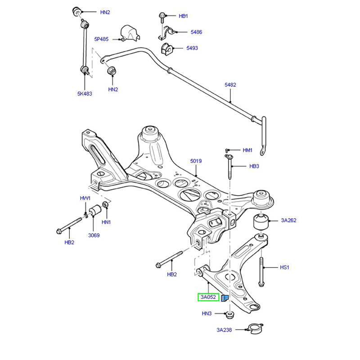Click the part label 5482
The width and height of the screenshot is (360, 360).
click(x=230, y=85)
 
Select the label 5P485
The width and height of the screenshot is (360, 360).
click(x=101, y=39)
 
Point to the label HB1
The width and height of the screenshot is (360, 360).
click(x=183, y=16)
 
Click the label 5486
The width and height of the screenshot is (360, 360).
click(x=196, y=32)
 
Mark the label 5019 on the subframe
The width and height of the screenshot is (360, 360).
click(x=196, y=161)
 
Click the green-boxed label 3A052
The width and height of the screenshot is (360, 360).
click(x=208, y=297)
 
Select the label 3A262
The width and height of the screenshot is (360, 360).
click(x=288, y=220)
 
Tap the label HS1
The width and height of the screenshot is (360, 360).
click(x=284, y=267)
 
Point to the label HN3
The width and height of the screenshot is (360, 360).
click(x=207, y=314)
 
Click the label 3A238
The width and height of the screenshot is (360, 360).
click(x=224, y=330)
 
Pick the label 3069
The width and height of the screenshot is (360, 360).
click(x=94, y=235)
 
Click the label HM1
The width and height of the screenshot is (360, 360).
click(x=247, y=150)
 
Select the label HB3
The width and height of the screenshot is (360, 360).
click(x=254, y=166)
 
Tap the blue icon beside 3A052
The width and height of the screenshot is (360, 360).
click(x=225, y=297)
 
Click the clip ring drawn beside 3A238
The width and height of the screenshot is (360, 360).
click(x=254, y=330)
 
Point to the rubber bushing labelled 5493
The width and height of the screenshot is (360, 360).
click(x=166, y=48)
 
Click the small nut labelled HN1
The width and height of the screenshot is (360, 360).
click(x=106, y=205)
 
